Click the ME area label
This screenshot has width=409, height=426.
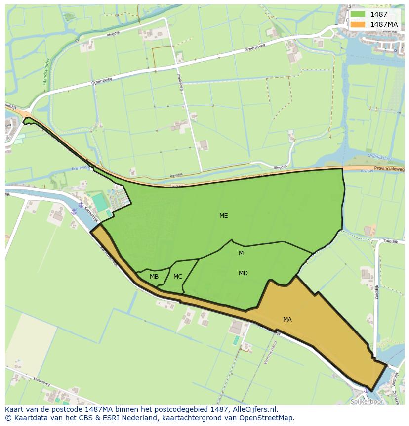[x=224, y=216]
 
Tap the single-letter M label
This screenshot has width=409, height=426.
[x=241, y=253]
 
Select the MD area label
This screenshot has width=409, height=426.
[x=243, y=273]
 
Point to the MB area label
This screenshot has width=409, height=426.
[x=154, y=277]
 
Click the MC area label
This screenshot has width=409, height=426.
[x=178, y=277]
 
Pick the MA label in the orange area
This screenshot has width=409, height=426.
[x=287, y=320]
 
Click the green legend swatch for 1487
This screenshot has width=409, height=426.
[x=358, y=14]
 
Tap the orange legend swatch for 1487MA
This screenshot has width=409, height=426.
[x=358, y=24]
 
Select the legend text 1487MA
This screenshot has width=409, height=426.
[x=384, y=24]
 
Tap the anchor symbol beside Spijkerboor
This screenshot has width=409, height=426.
[x=366, y=390]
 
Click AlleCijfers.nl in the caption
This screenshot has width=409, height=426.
[x=255, y=409]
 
